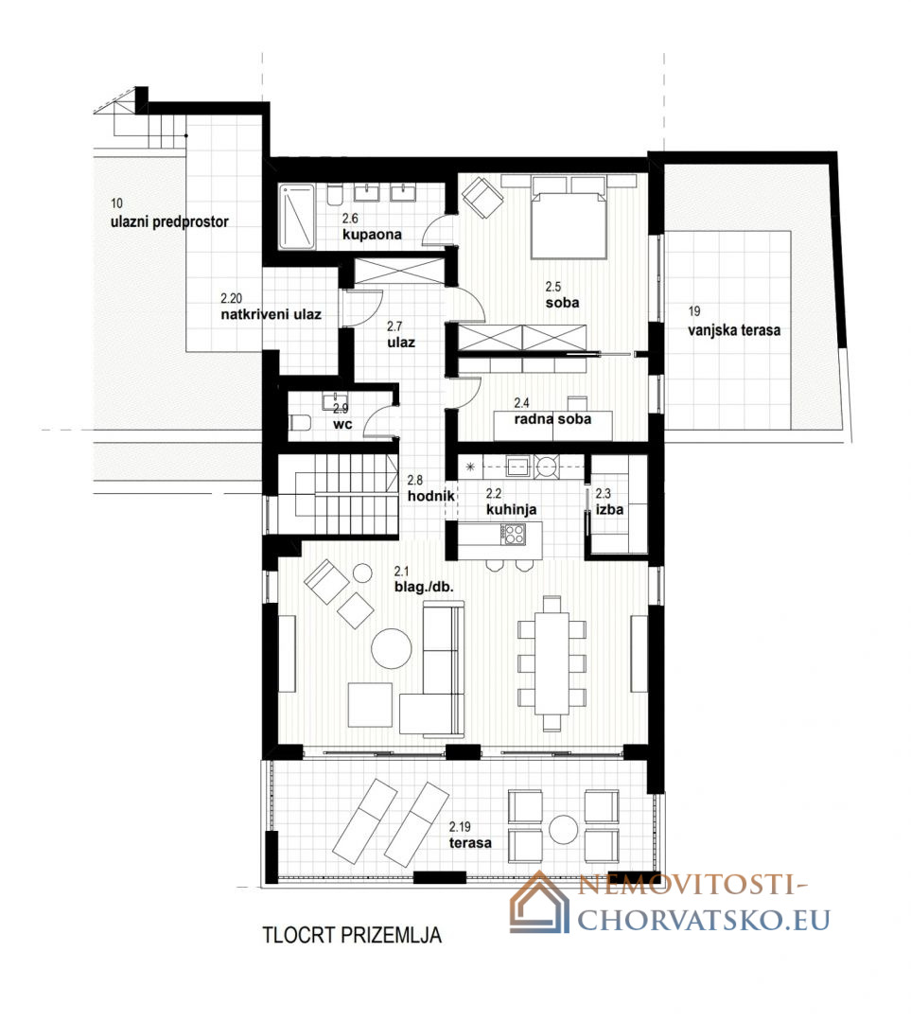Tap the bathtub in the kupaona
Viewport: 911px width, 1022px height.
tap(297, 217)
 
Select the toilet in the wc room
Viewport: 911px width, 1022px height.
tap(299, 423)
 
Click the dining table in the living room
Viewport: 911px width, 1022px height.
tap(552, 662)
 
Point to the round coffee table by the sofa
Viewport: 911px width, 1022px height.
tap(391, 648)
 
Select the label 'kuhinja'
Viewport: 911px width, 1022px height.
tap(511, 510)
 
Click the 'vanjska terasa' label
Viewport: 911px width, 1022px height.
tap(734, 330)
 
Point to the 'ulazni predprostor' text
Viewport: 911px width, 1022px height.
tap(169, 221)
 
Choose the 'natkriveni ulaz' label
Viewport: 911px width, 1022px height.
tap(272, 314)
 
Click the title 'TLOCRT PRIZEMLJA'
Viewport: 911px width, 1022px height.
tap(352, 935)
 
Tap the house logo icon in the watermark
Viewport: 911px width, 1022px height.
tap(539, 904)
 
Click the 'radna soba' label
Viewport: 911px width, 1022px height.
tap(552, 419)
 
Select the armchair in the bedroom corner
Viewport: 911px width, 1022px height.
tap(482, 198)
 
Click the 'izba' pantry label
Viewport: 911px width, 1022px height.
tap(609, 510)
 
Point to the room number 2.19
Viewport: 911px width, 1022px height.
tap(460, 826)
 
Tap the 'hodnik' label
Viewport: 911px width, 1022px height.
tap(430, 496)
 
